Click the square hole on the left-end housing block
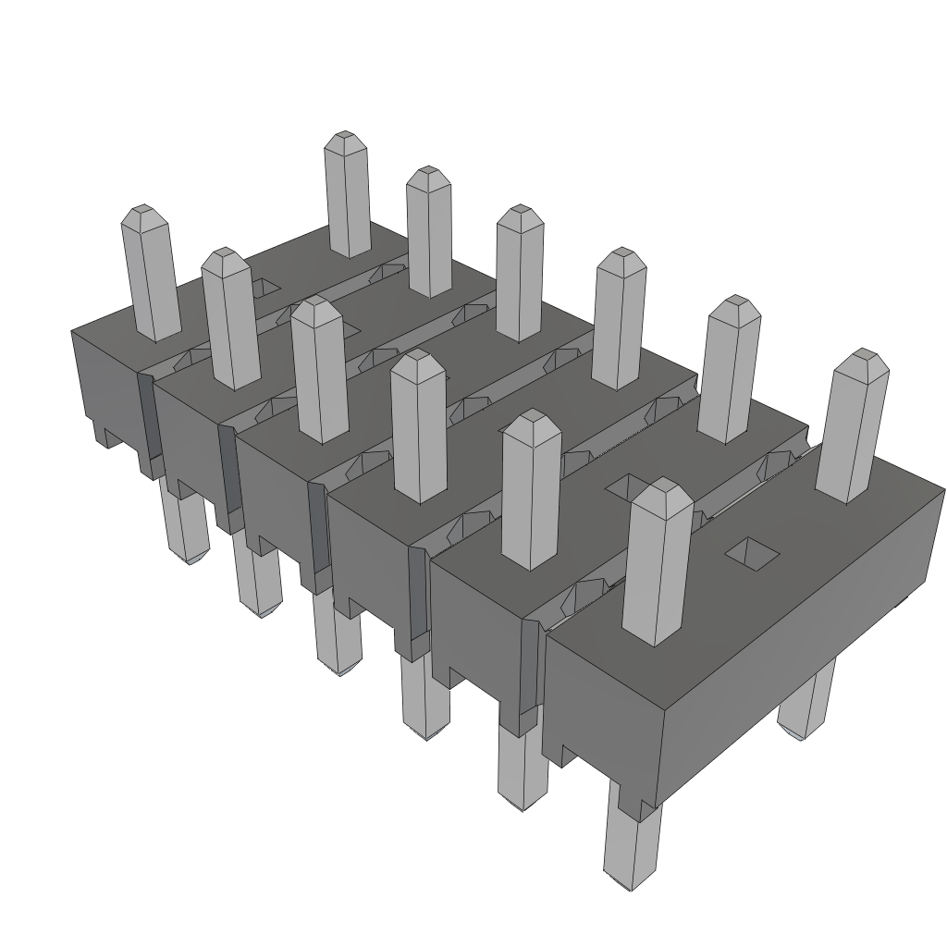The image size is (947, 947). click(265, 288)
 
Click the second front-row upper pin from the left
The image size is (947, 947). click(228, 319)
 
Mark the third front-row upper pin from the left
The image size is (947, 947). click(319, 370)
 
